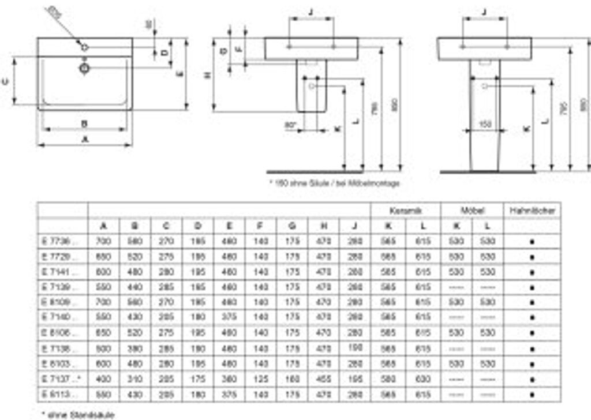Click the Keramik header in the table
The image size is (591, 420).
pos(405,211)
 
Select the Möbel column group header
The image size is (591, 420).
pos(472,211)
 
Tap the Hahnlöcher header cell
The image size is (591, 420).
pos(532,211)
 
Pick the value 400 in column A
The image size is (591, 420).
pos(103,380)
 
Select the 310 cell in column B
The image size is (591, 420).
pos(134,380)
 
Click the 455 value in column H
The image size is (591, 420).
pos(324,380)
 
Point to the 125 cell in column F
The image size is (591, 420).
pos(261,380)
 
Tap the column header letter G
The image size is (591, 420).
pos(293,226)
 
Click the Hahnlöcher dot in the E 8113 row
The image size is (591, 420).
pos(532,395)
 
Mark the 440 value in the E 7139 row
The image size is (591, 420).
pos(134,287)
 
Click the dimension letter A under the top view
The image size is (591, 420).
pos(85,140)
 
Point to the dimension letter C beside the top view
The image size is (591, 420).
pos(6,81)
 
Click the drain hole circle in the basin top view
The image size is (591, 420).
pos(84,68)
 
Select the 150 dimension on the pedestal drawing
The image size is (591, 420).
pos(485,124)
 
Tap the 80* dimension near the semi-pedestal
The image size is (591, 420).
pos(290,124)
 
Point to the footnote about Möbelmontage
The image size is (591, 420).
pos(335,183)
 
